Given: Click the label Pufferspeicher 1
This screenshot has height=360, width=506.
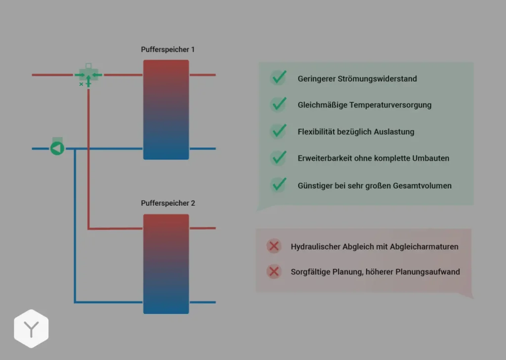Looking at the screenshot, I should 168,50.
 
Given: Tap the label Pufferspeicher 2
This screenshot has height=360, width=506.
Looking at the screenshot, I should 168,203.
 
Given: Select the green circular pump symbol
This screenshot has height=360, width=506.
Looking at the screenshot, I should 57,148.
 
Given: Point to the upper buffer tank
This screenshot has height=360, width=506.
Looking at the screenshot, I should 166,109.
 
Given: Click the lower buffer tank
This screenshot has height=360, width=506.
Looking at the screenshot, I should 166,264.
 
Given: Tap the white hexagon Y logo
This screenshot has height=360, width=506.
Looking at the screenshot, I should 31,329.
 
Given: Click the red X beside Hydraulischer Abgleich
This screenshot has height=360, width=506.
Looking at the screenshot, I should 273,246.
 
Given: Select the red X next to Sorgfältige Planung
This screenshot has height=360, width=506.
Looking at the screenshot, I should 273,271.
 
